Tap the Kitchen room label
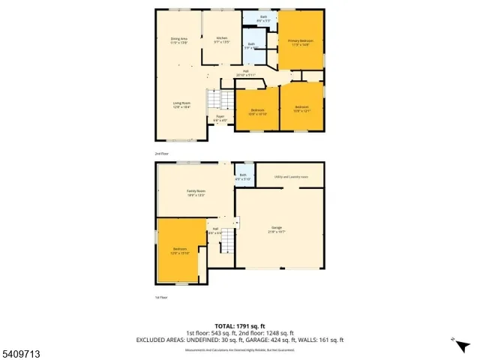point(221,40)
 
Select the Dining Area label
point(178,40)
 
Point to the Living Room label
point(182,105)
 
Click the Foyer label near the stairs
point(220,118)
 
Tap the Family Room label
point(196,193)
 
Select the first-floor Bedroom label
point(180,250)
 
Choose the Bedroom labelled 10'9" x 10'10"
point(257,112)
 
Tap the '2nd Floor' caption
point(162,153)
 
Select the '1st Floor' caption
point(161,297)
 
